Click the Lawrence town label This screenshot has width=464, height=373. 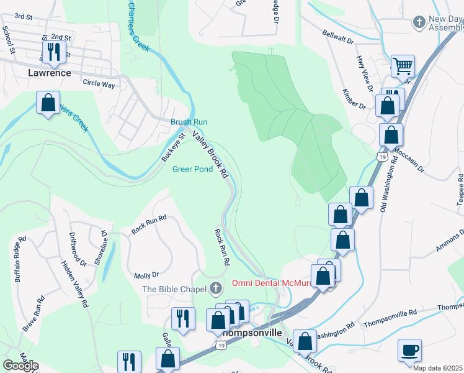[x=50, y=73]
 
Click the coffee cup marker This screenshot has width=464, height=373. [x=409, y=350]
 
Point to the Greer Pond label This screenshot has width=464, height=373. [x=192, y=168]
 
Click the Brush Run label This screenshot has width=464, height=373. [x=189, y=122]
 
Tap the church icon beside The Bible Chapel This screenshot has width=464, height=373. [x=215, y=288]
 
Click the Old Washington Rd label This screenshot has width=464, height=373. [x=388, y=195]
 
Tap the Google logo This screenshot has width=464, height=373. [x=20, y=366]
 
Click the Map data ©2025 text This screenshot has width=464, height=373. [x=437, y=368]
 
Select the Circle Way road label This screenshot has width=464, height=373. [x=99, y=83]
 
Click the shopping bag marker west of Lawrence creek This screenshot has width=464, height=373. [x=48, y=103]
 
